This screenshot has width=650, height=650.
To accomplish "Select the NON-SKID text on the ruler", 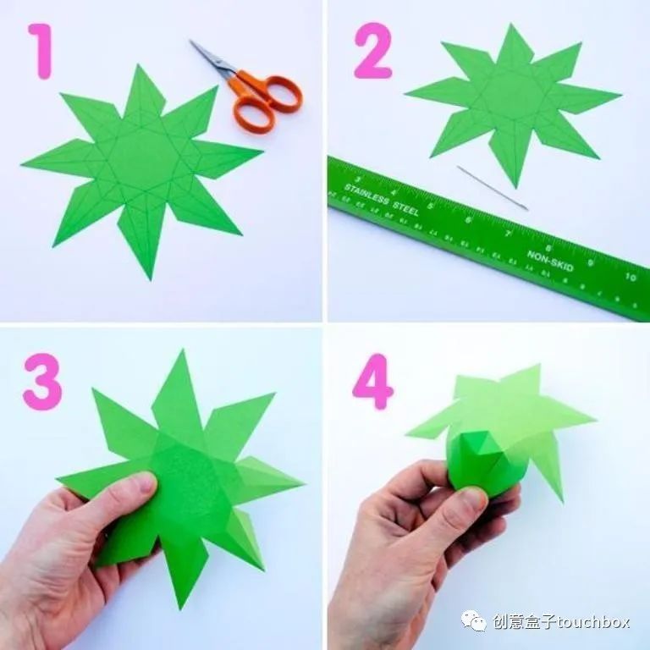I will (550, 258).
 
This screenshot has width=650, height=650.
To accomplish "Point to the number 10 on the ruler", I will (631, 277).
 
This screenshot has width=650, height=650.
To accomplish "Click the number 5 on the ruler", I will (432, 206).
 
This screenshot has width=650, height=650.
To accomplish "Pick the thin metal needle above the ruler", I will (492, 187).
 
